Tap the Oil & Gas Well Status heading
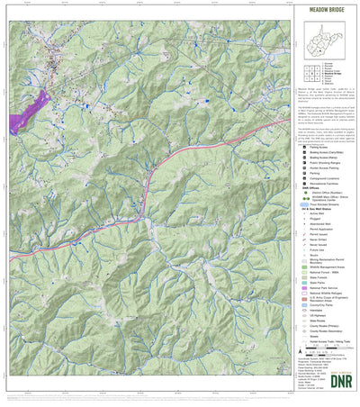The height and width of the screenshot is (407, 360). click(311, 210)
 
